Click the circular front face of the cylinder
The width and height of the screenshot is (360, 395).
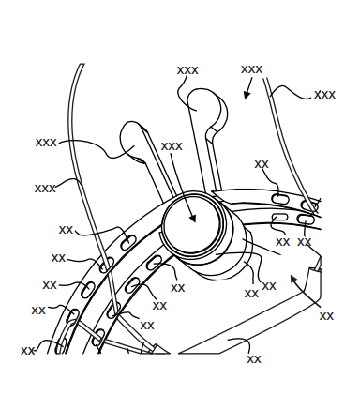click(x=191, y=224)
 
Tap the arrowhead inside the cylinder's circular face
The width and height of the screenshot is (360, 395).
click(x=193, y=219)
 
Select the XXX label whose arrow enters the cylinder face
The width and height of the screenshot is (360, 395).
click(x=172, y=146)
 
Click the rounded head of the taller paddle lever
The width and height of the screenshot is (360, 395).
click(x=205, y=102)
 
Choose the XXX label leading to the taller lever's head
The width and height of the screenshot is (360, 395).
click(x=187, y=70)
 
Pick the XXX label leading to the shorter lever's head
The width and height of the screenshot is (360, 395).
click(x=46, y=143)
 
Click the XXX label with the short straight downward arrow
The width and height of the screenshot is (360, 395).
click(x=251, y=69)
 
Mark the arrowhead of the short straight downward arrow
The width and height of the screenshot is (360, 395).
click(x=247, y=95)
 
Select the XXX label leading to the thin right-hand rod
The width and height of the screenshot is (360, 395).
click(x=324, y=95)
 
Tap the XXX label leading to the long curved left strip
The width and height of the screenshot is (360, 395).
click(x=45, y=189)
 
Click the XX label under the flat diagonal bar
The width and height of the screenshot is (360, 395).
click(x=254, y=359)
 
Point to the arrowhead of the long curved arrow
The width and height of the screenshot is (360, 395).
click(x=293, y=279)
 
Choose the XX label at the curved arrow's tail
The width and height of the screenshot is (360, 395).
click(x=326, y=316)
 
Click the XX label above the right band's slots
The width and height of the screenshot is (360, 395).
click(x=262, y=164)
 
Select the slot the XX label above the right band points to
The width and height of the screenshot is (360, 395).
click(x=279, y=199)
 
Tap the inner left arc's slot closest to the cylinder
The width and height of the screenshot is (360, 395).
click(x=155, y=262)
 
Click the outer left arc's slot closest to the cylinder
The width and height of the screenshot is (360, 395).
click(x=127, y=243)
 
